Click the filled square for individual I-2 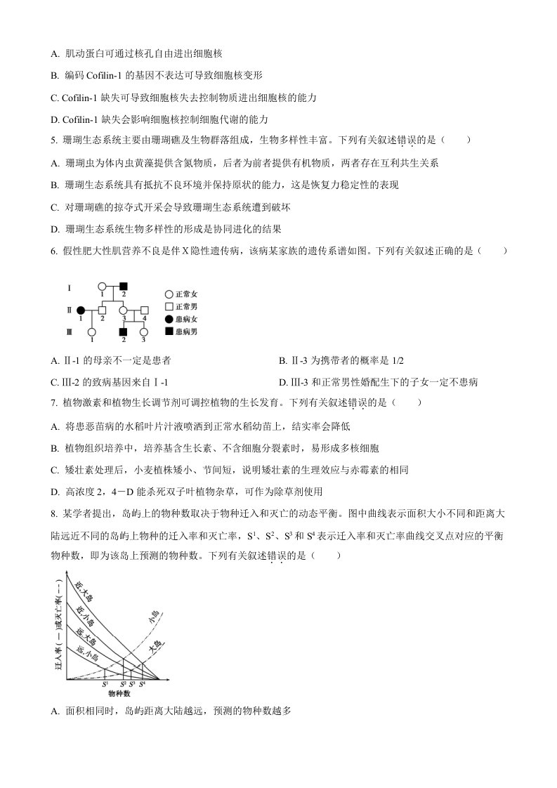point(123,287)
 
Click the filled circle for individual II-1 point(81,310)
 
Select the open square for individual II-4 point(145,310)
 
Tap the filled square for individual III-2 point(123,332)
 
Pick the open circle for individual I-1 point(102,287)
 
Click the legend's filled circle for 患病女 point(169,319)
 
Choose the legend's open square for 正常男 point(169,307)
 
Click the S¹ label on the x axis point(105,683)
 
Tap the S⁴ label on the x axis point(142,683)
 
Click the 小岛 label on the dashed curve point(154,618)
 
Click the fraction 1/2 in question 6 point(397,360)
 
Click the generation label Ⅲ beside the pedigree point(69,332)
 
